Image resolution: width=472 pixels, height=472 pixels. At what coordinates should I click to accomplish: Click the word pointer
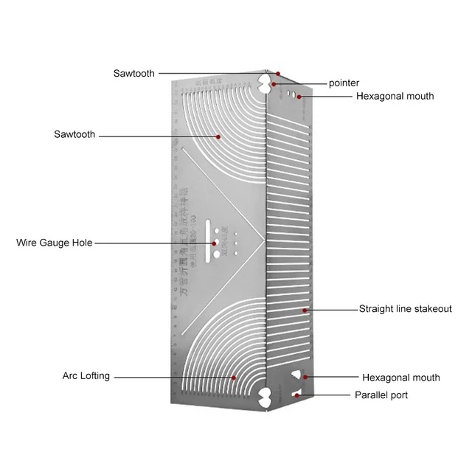pos(344,83)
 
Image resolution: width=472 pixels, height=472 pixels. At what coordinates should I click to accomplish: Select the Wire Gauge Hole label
pos(54,243)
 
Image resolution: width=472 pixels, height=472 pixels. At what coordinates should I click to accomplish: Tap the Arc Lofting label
pos(86,376)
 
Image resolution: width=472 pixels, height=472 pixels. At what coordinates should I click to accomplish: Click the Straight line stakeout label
pos(405,309)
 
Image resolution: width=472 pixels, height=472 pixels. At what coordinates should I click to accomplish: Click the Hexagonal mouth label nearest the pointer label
pos(395,97)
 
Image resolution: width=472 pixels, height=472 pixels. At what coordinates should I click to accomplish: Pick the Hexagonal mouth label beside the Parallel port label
pos(400,378)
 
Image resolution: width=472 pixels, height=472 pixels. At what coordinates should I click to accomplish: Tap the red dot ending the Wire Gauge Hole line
pos(215,243)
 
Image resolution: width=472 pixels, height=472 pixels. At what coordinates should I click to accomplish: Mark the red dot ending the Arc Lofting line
pos(235,378)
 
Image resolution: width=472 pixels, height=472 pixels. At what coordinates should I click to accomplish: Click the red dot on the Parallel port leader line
pos(297,395)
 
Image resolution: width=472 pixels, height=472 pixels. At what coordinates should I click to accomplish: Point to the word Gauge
pos(53,243)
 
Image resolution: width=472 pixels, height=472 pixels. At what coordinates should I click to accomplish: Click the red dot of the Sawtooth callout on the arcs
pos(218,136)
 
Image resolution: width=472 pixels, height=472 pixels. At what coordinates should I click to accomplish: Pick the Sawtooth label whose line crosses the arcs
pos(74,135)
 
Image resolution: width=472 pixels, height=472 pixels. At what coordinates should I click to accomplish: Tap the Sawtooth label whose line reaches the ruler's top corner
pos(133,73)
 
